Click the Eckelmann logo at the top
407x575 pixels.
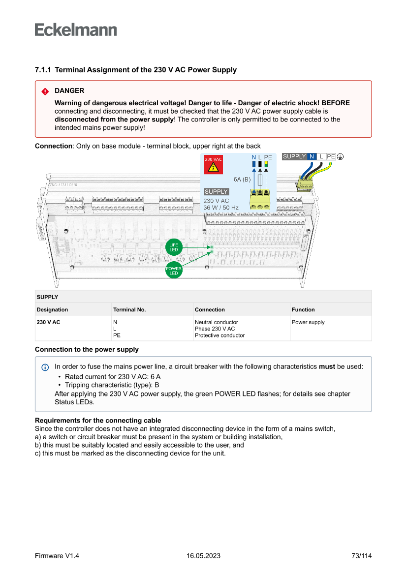76,30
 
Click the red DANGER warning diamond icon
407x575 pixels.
45,91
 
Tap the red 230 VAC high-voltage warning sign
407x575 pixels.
213,165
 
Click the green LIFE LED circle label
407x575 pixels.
174,247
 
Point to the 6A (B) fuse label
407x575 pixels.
242,180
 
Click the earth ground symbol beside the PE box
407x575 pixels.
341,156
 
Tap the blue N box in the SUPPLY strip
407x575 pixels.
312,156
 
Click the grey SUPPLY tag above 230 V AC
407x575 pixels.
216,192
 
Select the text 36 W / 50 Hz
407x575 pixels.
221,208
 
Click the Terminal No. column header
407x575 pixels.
129,309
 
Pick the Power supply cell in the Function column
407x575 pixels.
308,323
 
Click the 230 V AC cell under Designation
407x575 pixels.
48,323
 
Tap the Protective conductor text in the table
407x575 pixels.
219,335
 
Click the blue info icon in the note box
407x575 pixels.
45,367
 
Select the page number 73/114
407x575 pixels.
361,556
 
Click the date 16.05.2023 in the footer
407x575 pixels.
203,556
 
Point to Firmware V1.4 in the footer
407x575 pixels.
57,556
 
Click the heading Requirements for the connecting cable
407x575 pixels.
98,421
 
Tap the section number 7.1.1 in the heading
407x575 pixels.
43,70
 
